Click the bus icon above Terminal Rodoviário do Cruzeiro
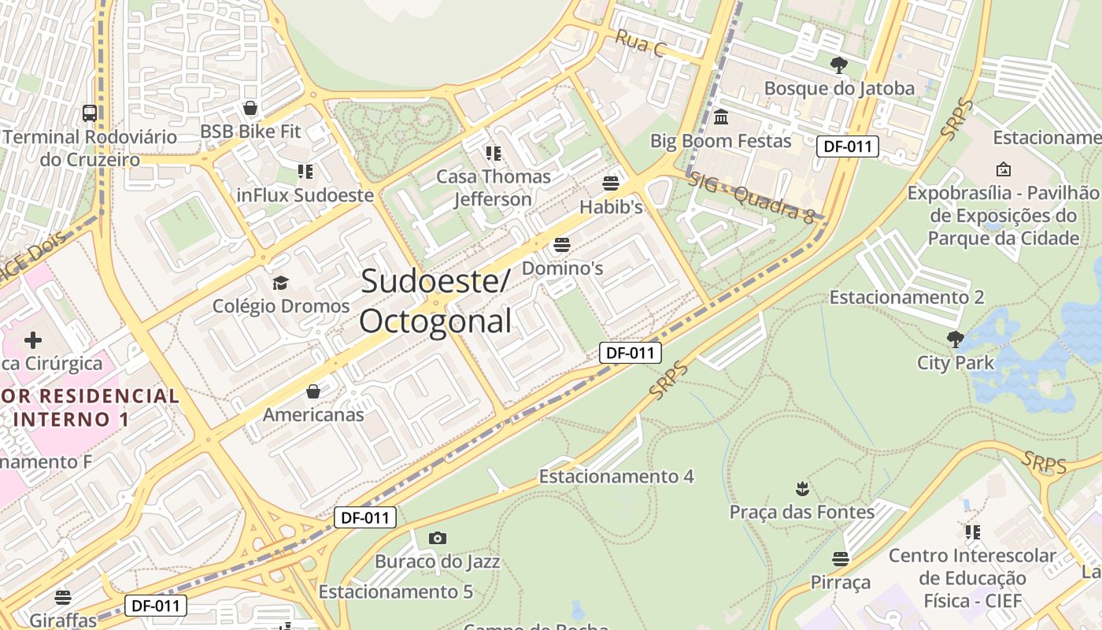tap(90, 113)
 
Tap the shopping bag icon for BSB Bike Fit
tap(250, 108)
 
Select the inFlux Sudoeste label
tap(305, 195)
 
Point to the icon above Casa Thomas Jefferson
tap(494, 153)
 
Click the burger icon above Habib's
tap(611, 184)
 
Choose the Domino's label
tap(562, 269)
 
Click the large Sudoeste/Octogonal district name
tap(436, 302)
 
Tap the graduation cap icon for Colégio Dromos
tap(280, 283)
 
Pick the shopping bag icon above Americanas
tap(313, 391)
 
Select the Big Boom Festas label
tap(720, 141)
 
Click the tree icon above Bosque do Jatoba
tap(839, 65)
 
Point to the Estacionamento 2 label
tap(907, 297)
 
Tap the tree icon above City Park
tap(956, 339)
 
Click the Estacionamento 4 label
tap(616, 476)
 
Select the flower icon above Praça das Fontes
tap(802, 489)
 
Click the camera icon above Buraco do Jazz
tap(438, 539)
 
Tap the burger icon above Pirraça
tap(841, 559)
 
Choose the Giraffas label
tap(63, 620)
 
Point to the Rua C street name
tap(641, 43)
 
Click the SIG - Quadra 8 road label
tap(751, 199)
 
